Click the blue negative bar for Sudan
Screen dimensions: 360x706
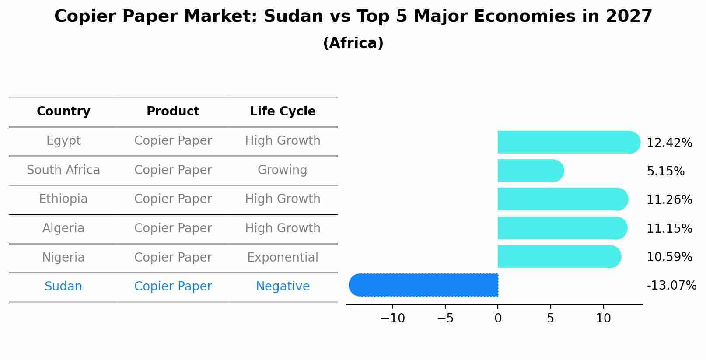coord(423,285)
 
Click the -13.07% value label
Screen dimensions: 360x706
coord(671,286)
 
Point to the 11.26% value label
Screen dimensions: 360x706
coord(669,200)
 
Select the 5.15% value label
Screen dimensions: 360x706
coord(665,171)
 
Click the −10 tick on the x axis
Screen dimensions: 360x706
coord(392,318)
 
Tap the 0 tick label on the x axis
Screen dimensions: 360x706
coord(498,318)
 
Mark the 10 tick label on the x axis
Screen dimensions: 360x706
coord(603,318)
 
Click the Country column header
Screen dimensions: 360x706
coord(63,112)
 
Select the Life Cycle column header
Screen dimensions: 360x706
coord(283,112)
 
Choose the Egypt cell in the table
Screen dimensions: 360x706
coord(63,141)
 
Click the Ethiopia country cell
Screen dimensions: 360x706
coord(63,199)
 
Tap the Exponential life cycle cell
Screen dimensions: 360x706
coord(283,257)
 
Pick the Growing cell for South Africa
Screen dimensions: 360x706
coord(282,170)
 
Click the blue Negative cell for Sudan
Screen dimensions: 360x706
coord(283,287)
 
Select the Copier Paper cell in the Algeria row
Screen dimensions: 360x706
coord(173,228)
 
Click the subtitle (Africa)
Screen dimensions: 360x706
coord(353,43)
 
